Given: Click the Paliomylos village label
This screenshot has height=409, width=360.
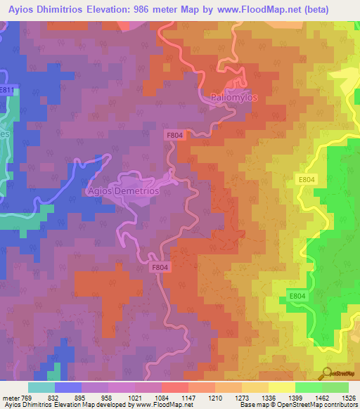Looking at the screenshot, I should [x=236, y=97].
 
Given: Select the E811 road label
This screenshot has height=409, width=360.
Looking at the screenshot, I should [x=7, y=91].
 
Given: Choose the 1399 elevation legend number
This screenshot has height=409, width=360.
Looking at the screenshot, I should [x=297, y=398].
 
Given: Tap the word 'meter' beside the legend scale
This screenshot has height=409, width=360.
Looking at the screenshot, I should [x=12, y=398].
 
